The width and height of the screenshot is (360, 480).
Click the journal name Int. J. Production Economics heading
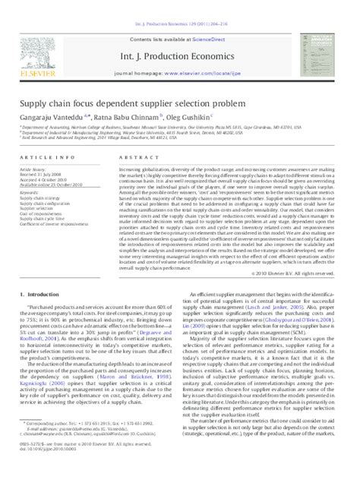(180, 38)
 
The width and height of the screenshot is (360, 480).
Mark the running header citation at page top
(180, 6)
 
